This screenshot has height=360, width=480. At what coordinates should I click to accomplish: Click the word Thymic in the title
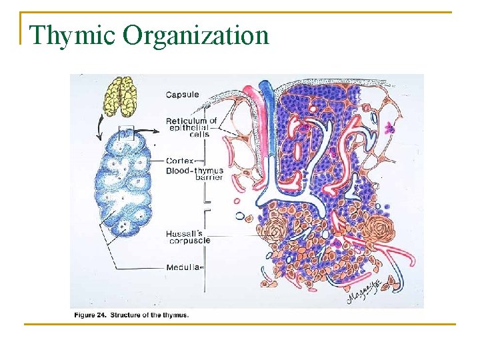pos(61,35)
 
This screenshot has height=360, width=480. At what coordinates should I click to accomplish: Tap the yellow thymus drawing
pos(121,95)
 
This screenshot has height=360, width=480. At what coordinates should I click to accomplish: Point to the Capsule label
pos(182,95)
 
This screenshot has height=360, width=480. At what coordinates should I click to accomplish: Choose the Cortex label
pos(180,161)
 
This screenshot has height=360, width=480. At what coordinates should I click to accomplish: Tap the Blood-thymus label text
pos(194,170)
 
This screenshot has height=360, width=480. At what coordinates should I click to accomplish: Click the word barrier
pos(209,177)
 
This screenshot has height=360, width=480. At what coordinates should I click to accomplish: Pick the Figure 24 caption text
pos(130,315)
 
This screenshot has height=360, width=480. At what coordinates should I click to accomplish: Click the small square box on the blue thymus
pos(126,133)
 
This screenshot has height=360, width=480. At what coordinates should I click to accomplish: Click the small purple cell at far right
pos(391,128)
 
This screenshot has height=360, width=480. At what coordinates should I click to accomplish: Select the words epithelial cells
pos(190,131)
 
